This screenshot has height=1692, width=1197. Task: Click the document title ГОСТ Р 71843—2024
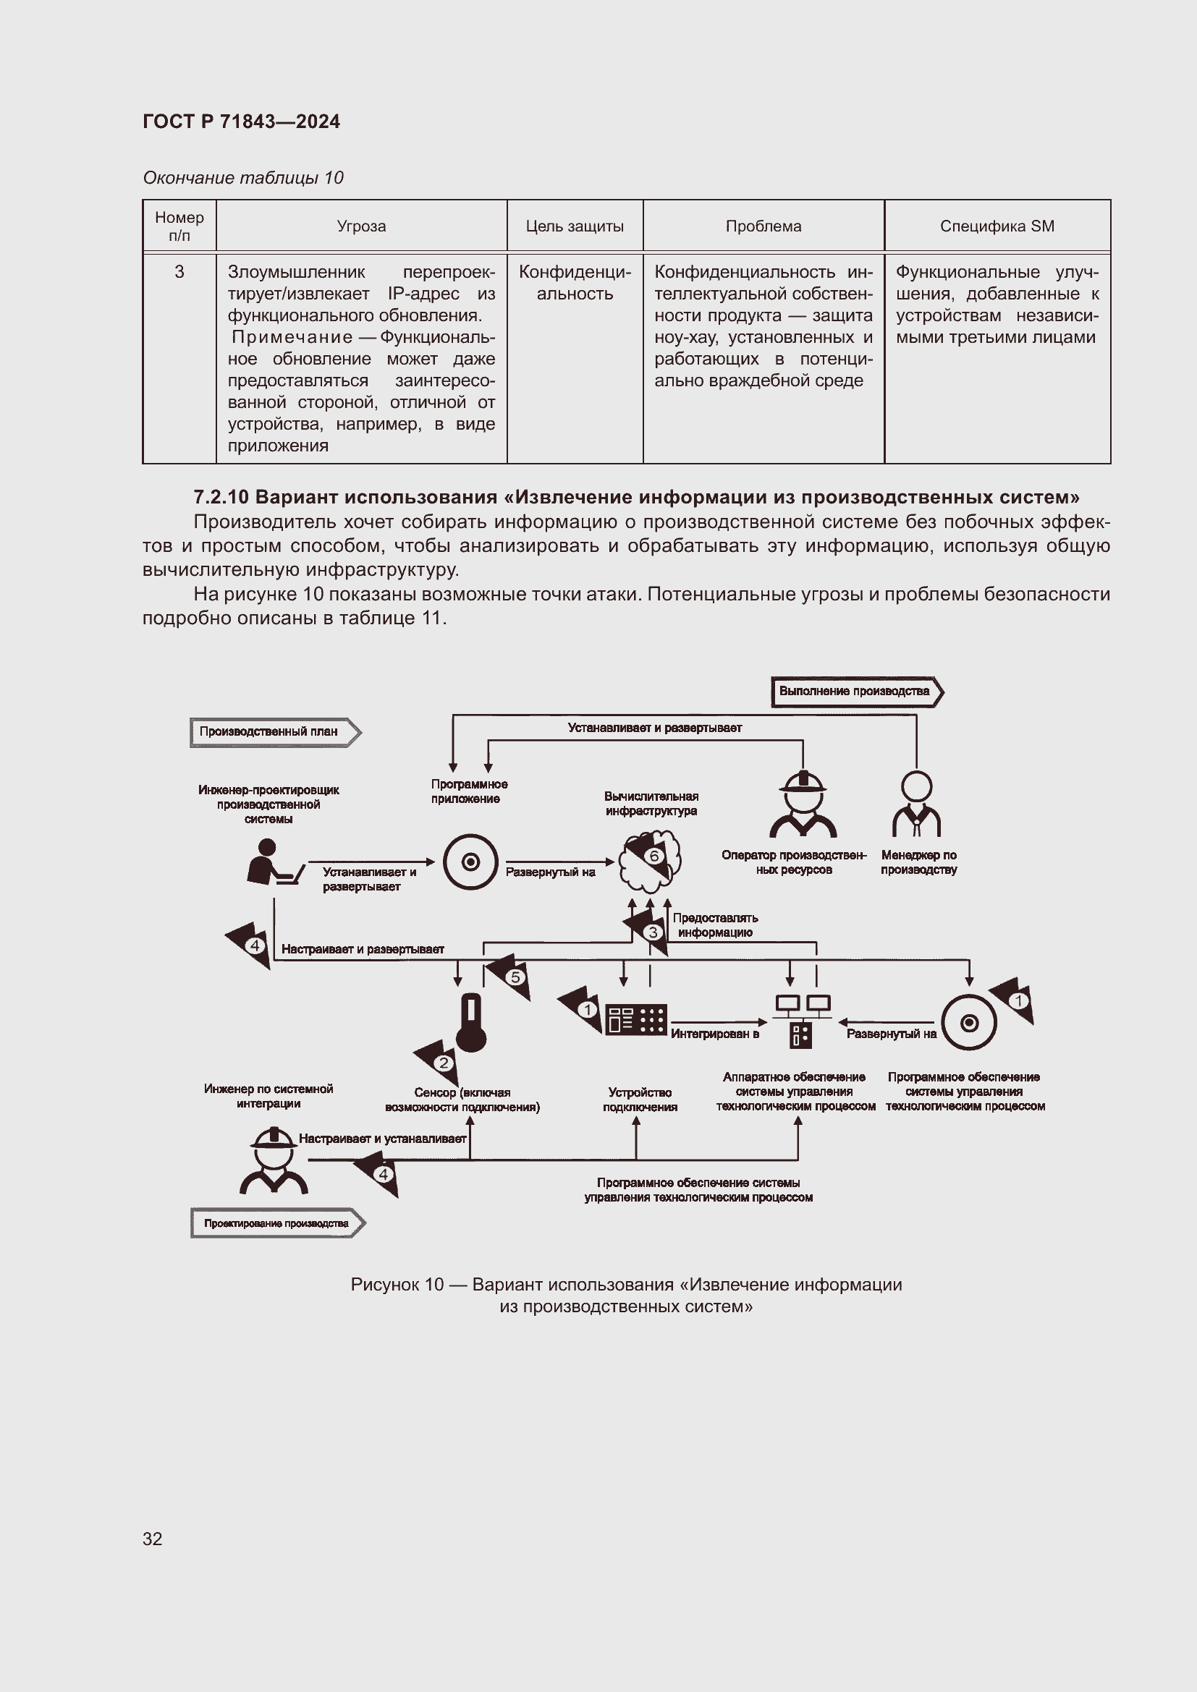241,122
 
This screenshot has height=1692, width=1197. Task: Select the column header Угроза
361,226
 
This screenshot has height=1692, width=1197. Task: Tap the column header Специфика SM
997,226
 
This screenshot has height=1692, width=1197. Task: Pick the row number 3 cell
179,272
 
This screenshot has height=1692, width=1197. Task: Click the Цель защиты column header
574,226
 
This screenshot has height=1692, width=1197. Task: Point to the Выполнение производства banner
855,692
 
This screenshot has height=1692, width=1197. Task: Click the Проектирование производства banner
276,1223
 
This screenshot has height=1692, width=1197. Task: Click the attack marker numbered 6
654,856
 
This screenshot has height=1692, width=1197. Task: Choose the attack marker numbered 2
443,1063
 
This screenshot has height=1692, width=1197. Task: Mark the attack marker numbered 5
515,977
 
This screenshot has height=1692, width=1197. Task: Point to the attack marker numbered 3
652,932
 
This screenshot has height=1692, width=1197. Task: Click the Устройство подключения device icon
636,1020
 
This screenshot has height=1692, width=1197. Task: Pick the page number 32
153,1539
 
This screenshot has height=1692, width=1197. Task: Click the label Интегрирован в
714,1034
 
